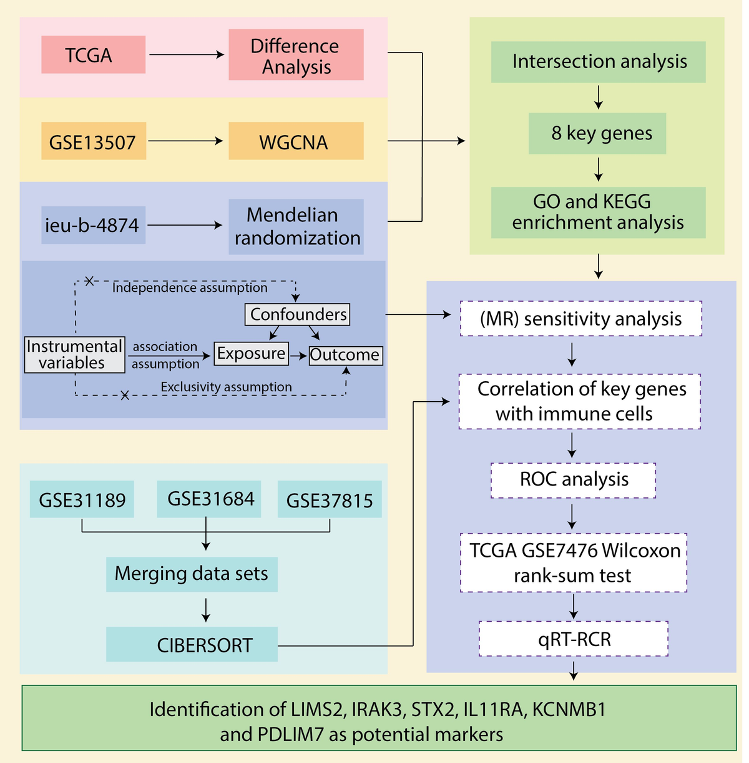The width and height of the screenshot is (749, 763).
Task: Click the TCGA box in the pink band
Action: [x=94, y=55]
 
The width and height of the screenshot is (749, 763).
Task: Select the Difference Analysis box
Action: [x=296, y=55]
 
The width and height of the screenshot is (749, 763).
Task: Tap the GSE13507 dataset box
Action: [x=94, y=141]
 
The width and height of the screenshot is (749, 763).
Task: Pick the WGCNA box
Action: [x=296, y=141]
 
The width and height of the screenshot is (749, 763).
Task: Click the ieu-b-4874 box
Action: [x=94, y=225]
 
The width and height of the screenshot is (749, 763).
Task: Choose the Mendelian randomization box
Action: [x=296, y=226]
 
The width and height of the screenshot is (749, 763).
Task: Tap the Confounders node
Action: [x=297, y=314]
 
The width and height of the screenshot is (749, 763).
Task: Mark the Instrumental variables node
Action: [x=74, y=355]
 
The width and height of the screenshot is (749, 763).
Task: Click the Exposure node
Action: [x=251, y=354]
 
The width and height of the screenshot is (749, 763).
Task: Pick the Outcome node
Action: [x=345, y=355]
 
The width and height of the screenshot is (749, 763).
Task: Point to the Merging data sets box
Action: [x=192, y=574]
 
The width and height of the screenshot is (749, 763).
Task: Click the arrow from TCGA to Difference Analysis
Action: [x=187, y=55]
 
